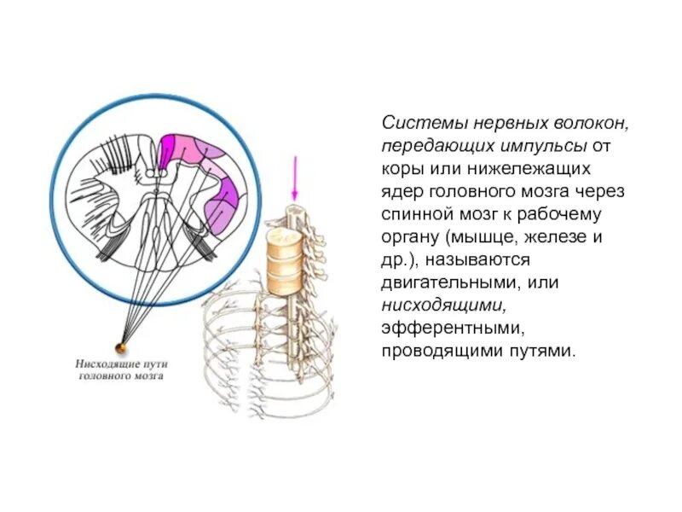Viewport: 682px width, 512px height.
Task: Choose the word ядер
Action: coord(401,192)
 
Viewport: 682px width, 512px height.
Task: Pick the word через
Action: coord(604,192)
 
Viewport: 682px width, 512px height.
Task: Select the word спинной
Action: coord(418,214)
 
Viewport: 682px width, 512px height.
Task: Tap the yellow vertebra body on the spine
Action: coord(283,256)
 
